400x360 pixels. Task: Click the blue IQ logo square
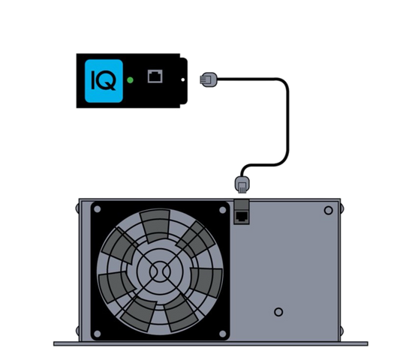[104, 81]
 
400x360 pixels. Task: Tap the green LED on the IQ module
[130, 80]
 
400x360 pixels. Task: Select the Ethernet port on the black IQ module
[155, 76]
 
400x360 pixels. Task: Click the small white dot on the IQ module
[182, 79]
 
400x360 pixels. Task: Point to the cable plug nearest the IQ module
[209, 79]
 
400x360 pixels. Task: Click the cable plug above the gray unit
[242, 184]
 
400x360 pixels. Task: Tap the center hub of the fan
[160, 271]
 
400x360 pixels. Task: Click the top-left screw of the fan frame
[98, 209]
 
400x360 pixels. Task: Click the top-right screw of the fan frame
[222, 210]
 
